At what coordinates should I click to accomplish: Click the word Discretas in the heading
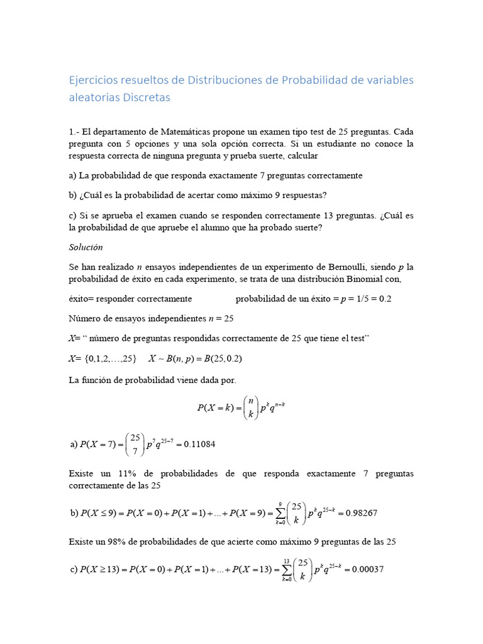147,97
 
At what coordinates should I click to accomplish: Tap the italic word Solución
86,247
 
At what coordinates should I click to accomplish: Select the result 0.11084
196,445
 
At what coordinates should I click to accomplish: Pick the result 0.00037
365,570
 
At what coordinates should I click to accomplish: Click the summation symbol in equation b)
279,513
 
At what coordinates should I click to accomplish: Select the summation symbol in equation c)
286,570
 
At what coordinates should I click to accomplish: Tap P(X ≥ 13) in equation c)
104,570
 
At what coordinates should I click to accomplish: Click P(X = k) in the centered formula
217,408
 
